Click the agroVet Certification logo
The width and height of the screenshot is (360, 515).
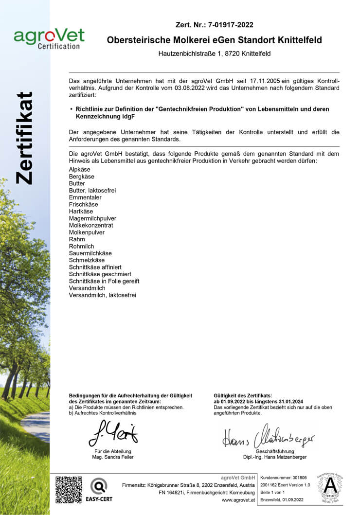coord(49,38)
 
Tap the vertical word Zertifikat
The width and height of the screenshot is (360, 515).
coord(24,138)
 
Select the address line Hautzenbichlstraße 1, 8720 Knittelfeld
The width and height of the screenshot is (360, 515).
coord(215,53)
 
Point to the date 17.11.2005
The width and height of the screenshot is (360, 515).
coord(267,80)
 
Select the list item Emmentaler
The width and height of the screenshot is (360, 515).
coord(85,197)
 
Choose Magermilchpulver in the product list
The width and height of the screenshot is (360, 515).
coord(92,218)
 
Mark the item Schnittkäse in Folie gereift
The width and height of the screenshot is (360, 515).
coord(104,281)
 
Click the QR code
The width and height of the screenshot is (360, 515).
coord(69,489)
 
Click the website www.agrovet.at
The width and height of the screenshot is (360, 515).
coord(238,500)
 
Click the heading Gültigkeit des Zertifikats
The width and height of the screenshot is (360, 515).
coord(243,396)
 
